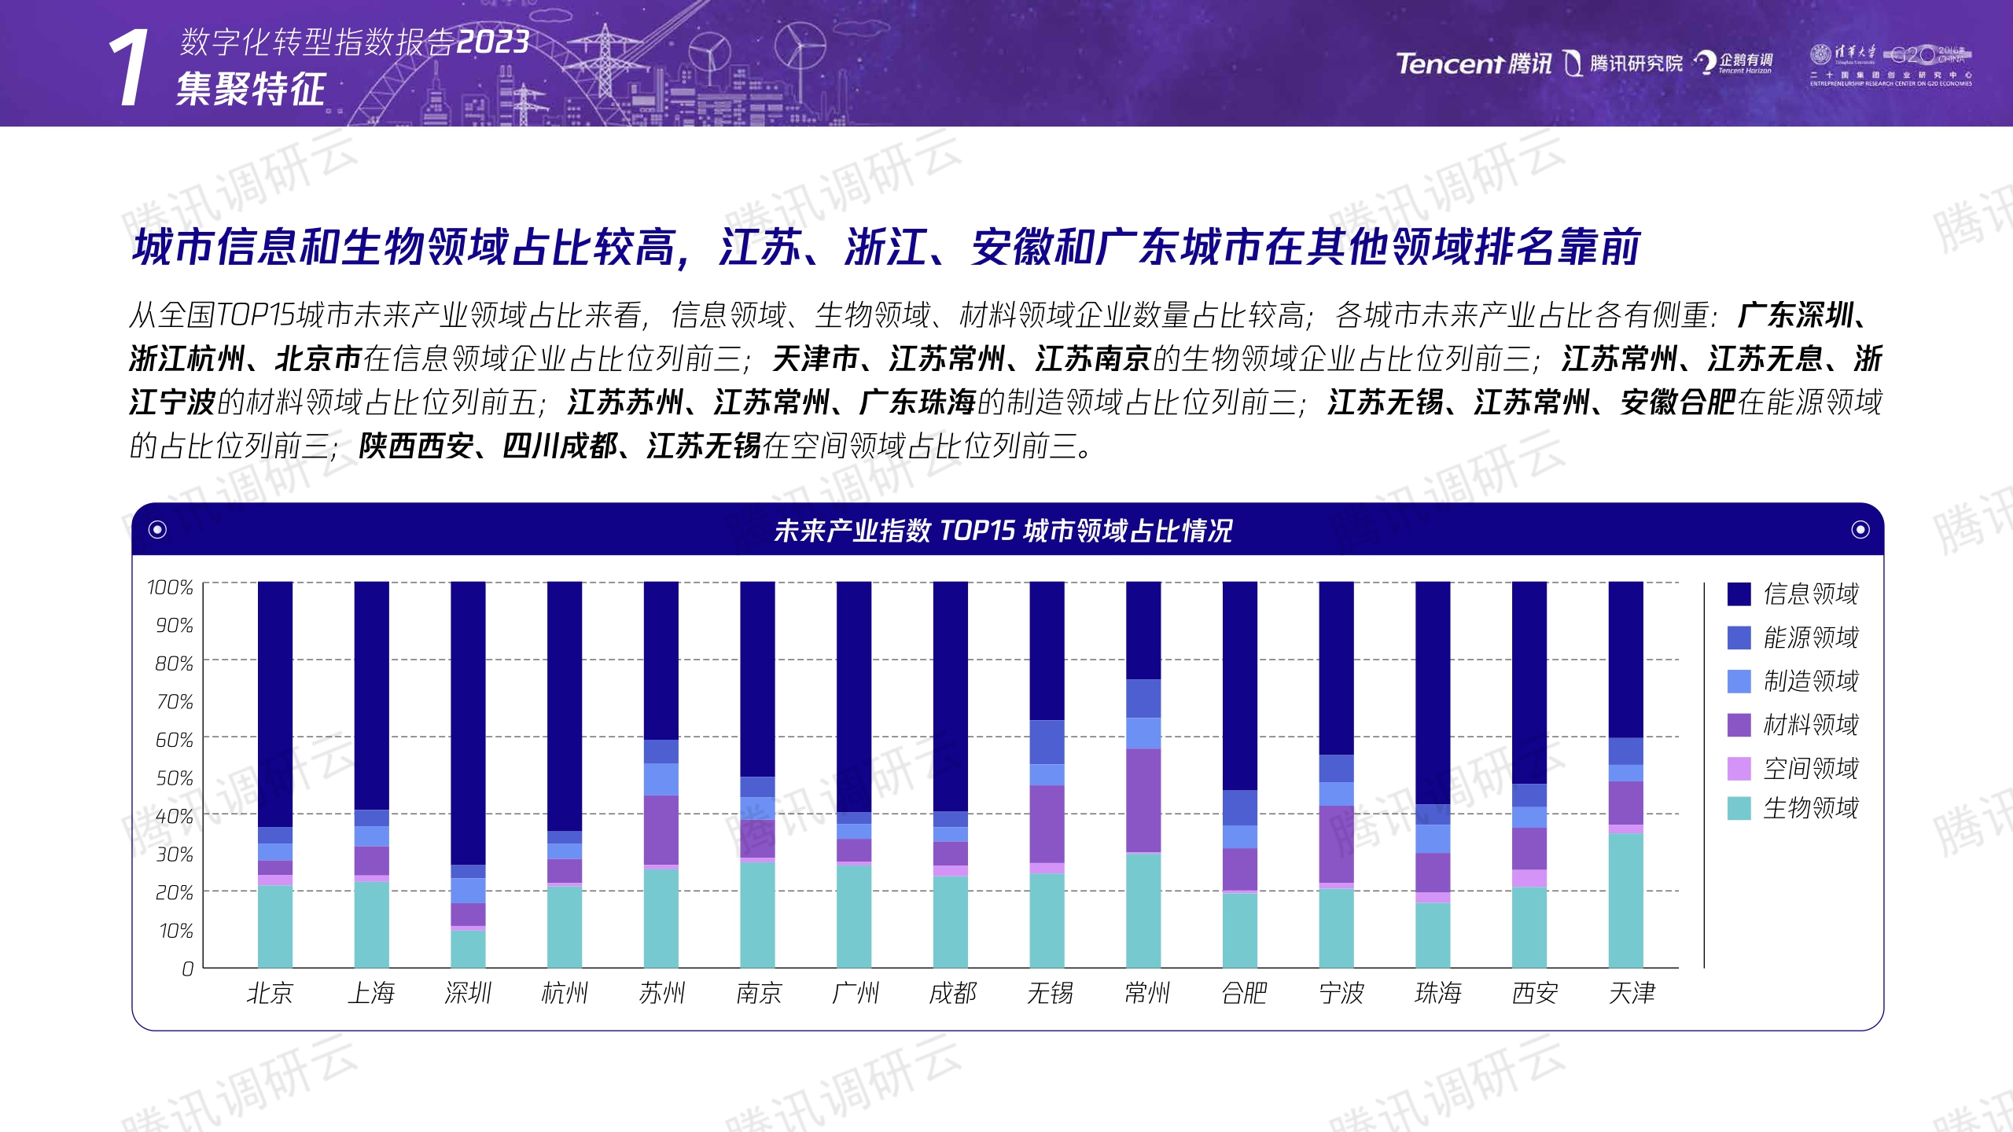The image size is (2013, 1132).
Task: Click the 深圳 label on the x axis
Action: click(468, 994)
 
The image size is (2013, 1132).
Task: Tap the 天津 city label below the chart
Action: click(1632, 994)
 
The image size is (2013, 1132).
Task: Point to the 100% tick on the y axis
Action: click(170, 587)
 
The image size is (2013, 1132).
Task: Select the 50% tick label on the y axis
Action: click(174, 778)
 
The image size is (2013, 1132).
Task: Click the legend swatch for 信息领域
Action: click(1739, 594)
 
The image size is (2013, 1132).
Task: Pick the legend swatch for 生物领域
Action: click(1739, 808)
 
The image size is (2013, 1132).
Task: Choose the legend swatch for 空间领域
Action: click(1739, 768)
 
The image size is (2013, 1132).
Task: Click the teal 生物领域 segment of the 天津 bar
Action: click(1625, 900)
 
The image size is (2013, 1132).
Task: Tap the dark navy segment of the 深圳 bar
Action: click(468, 723)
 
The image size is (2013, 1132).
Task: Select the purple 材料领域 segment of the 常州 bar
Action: click(1143, 800)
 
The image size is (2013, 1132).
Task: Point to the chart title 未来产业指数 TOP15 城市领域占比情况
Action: click(1003, 531)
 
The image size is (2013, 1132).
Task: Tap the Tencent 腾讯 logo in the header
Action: click(1474, 63)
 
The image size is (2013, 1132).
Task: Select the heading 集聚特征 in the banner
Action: click(250, 88)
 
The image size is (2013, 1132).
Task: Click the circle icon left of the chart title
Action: click(157, 530)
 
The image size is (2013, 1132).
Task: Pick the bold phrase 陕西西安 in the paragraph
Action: click(416, 447)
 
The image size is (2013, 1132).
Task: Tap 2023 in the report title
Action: click(493, 42)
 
